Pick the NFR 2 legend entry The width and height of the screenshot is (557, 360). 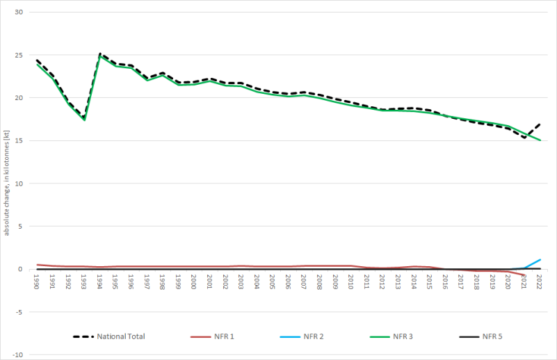pos(314,336)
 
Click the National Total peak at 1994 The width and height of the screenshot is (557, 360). pos(100,54)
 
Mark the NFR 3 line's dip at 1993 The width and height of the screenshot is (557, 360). pos(84,120)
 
